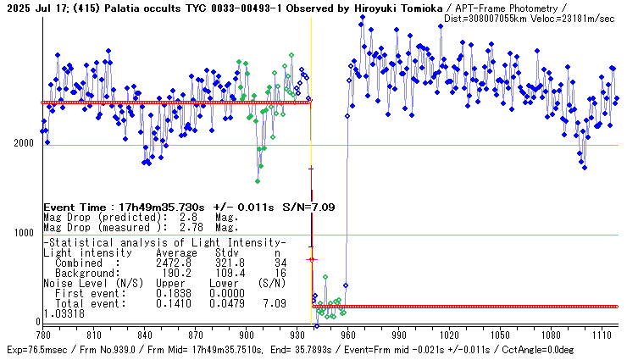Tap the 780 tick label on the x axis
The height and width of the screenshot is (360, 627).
pos(43,335)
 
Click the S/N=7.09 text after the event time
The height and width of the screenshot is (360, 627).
pos(312,207)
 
